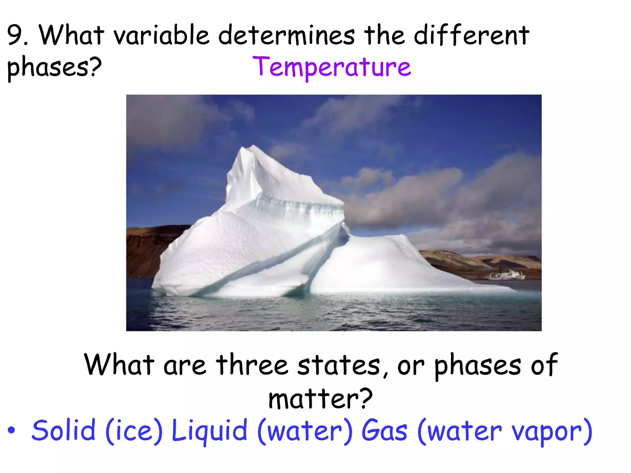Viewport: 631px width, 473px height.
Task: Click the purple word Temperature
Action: pyautogui.click(x=332, y=67)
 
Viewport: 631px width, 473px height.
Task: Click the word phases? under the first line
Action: pyautogui.click(x=54, y=67)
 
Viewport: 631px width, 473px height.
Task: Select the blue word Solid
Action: pyautogui.click(x=63, y=430)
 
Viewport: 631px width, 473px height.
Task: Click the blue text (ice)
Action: pyautogui.click(x=134, y=431)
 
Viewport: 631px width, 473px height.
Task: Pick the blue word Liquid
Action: pyautogui.click(x=209, y=431)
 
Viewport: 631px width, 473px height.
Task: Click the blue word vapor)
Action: pyautogui.click(x=552, y=431)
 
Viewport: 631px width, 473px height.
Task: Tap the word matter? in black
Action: pyautogui.click(x=320, y=398)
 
